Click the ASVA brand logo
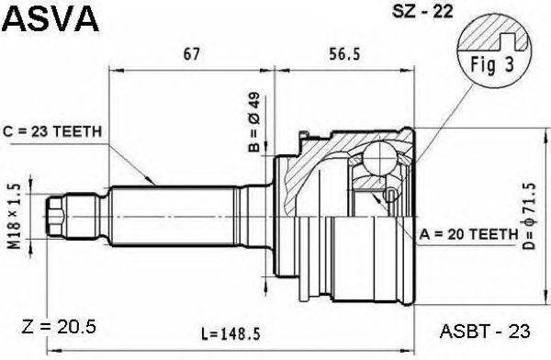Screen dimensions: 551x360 click(x=50, y=18)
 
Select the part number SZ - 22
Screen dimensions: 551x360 click(x=422, y=12)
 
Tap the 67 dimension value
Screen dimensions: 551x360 click(x=192, y=54)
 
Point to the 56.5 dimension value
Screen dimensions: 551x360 click(x=344, y=54)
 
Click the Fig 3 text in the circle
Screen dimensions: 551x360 click(x=492, y=65)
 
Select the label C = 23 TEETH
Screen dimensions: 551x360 click(x=52, y=131)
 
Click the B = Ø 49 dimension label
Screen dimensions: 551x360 click(x=253, y=122)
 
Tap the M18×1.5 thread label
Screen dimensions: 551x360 click(x=15, y=216)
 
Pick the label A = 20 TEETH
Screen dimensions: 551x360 click(x=469, y=234)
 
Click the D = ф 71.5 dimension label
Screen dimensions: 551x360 click(x=529, y=216)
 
